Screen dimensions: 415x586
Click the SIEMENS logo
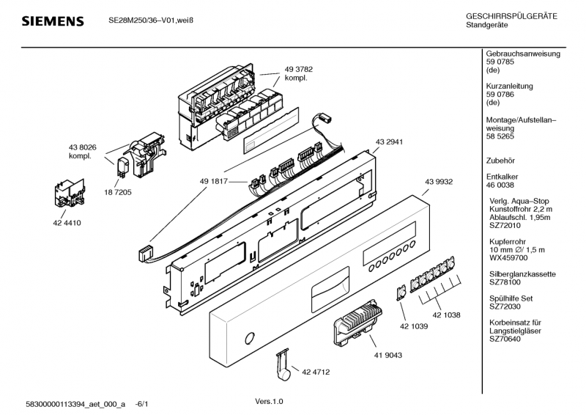coord(52,21)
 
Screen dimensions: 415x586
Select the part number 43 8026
coord(83,147)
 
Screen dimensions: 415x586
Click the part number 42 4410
coord(65,224)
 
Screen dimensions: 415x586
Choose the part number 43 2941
coord(390,142)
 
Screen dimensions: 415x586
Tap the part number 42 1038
coord(446,315)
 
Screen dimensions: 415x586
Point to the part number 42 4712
coord(316,372)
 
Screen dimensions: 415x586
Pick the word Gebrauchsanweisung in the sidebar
coord(523,54)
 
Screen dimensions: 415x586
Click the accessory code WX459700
coord(508,258)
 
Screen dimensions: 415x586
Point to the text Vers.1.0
coord(269,401)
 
